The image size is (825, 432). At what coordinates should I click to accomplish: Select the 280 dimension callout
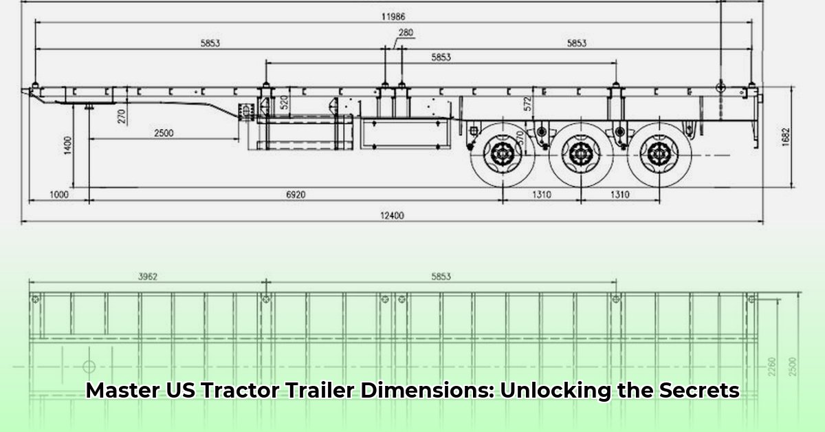tap(406, 32)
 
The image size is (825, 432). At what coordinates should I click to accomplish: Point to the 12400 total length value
tap(393, 215)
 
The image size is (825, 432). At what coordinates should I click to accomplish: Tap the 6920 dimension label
tap(296, 195)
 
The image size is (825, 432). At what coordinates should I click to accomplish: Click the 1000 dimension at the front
tap(59, 195)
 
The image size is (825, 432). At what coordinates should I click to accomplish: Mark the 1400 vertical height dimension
tap(67, 145)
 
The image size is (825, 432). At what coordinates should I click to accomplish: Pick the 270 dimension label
tap(122, 116)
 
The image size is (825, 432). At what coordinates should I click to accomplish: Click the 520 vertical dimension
tap(284, 104)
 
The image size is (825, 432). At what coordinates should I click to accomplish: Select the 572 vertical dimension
tap(527, 104)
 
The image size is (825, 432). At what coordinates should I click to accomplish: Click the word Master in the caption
tap(121, 391)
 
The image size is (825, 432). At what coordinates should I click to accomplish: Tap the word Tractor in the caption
tap(239, 391)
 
